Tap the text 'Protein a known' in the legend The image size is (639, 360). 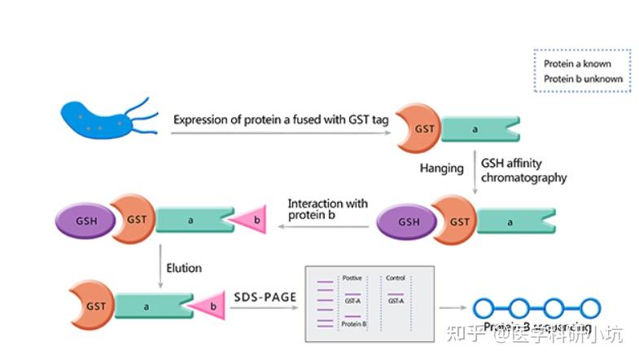pyautogui.click(x=577, y=64)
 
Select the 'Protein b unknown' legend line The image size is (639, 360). pyautogui.click(x=583, y=79)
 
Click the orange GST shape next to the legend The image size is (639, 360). pyautogui.click(x=418, y=128)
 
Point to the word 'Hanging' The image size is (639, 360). pyautogui.click(x=441, y=169)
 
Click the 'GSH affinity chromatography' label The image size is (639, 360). pyautogui.click(x=523, y=170)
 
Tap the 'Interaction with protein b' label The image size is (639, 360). pyautogui.click(x=327, y=209)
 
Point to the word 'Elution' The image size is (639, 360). pyautogui.click(x=184, y=267)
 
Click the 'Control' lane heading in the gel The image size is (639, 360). pyautogui.click(x=396, y=278)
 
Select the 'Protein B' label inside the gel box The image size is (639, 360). pyautogui.click(x=353, y=324)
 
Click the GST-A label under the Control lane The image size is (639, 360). pyautogui.click(x=395, y=301)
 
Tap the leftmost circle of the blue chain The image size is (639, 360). pyautogui.click(x=485, y=308)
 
